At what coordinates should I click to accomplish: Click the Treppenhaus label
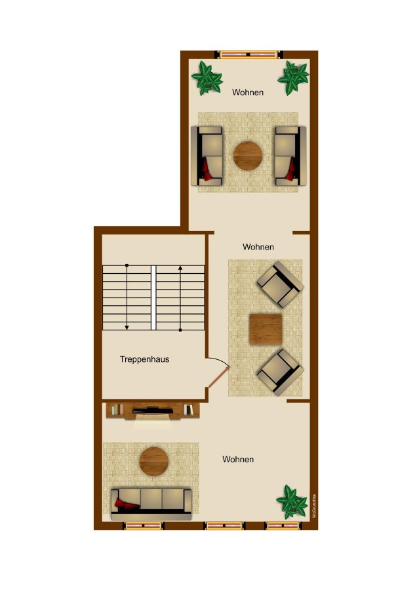tap(144, 359)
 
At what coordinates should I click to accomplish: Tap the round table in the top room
tap(248, 156)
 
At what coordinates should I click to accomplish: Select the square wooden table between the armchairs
tap(266, 329)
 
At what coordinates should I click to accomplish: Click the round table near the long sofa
tap(154, 461)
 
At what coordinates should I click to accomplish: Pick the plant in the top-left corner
tap(207, 77)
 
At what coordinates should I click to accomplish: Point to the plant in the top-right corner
tap(292, 77)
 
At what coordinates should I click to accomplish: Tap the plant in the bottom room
tap(291, 501)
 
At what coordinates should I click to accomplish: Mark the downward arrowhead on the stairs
tap(127, 326)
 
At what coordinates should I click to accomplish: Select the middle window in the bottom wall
tap(224, 525)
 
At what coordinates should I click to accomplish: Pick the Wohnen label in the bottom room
tap(238, 459)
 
